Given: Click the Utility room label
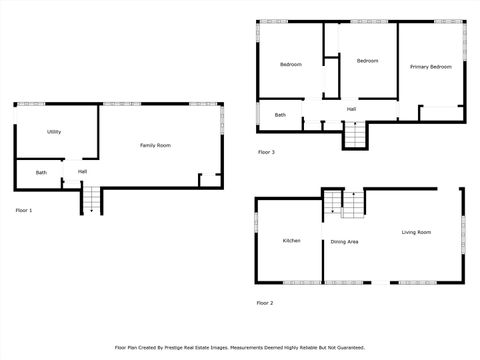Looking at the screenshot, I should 54,132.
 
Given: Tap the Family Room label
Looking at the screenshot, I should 155,146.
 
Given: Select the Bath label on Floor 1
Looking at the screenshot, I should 41,173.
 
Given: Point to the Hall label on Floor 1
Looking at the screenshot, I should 82,171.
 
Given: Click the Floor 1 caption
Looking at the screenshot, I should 24,211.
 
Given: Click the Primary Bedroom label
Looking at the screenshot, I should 431,66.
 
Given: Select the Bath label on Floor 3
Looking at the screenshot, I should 281,115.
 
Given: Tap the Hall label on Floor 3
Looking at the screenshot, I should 352,109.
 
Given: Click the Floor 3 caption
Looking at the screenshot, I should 266,152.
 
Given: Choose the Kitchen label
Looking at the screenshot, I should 292,240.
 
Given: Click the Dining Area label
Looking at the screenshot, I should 345,241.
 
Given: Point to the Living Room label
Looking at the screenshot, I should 416,232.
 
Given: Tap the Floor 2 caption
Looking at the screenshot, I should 265,302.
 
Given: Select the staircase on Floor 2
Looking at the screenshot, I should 343,205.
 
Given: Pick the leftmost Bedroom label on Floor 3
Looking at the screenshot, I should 291,65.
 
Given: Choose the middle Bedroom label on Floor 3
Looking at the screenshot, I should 368,61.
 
